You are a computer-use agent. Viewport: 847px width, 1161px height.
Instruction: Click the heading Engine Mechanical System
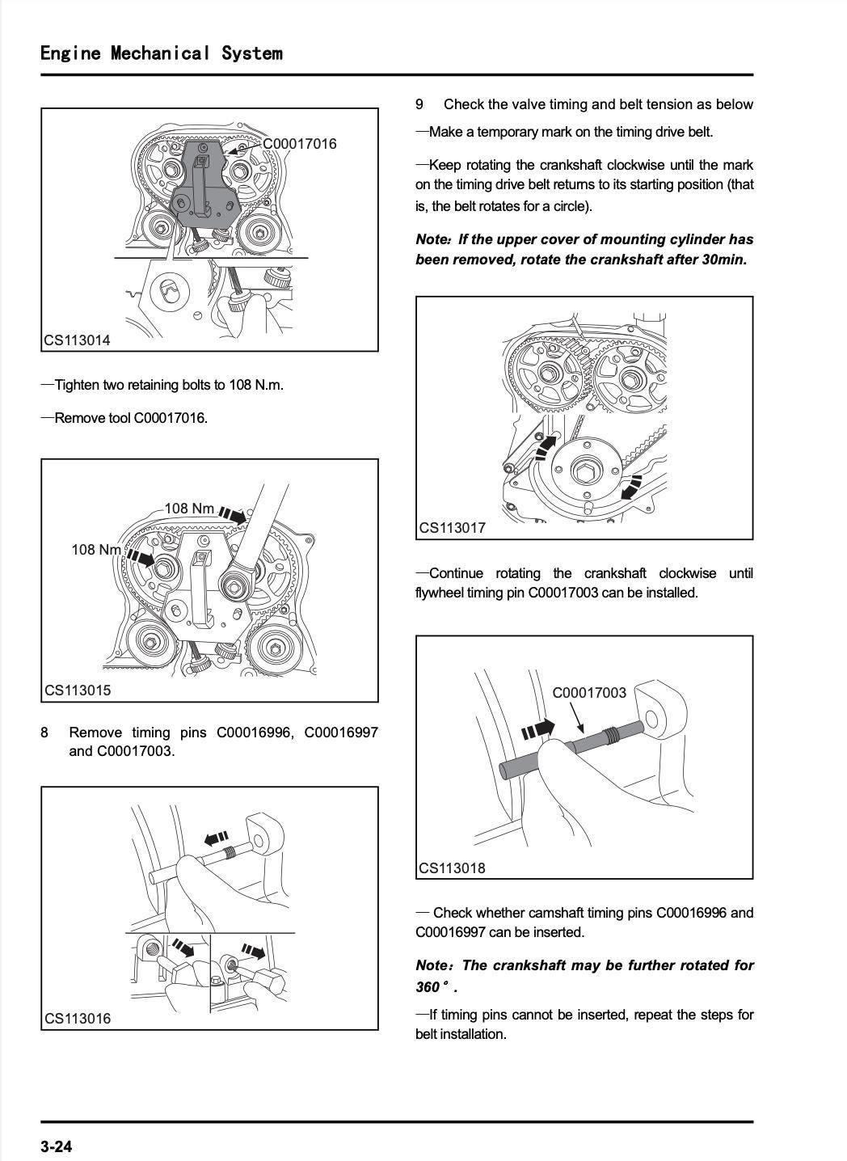[x=162, y=53]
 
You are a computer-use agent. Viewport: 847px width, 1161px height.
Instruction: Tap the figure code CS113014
[x=77, y=340]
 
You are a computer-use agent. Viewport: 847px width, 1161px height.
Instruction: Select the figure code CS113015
[x=78, y=690]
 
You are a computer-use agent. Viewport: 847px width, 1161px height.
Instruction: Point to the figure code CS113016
[x=78, y=1019]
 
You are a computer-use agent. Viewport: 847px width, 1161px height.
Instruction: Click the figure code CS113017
[x=452, y=528]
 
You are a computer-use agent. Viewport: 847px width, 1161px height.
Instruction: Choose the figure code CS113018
[x=452, y=868]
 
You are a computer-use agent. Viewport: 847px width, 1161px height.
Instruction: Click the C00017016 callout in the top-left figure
[x=300, y=144]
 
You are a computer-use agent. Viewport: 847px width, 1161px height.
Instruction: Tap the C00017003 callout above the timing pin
[x=589, y=693]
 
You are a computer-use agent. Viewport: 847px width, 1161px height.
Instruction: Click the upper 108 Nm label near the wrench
[x=190, y=509]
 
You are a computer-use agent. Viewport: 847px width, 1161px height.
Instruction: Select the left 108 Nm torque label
[x=96, y=550]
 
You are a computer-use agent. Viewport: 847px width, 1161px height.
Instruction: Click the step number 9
[x=419, y=104]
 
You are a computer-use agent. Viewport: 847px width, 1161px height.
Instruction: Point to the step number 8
[x=44, y=732]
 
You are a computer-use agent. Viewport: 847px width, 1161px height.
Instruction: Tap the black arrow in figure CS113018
[x=539, y=729]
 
